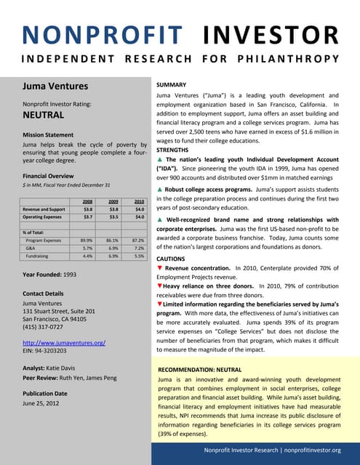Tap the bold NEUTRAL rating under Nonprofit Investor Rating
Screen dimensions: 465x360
tap(43, 115)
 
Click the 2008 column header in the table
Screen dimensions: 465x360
tap(87, 201)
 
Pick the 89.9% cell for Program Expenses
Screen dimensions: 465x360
tap(85, 239)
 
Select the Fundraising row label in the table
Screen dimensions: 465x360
tap(37, 256)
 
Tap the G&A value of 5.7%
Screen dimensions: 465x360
tap(85, 248)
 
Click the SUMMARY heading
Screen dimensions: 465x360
tap(175, 85)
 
